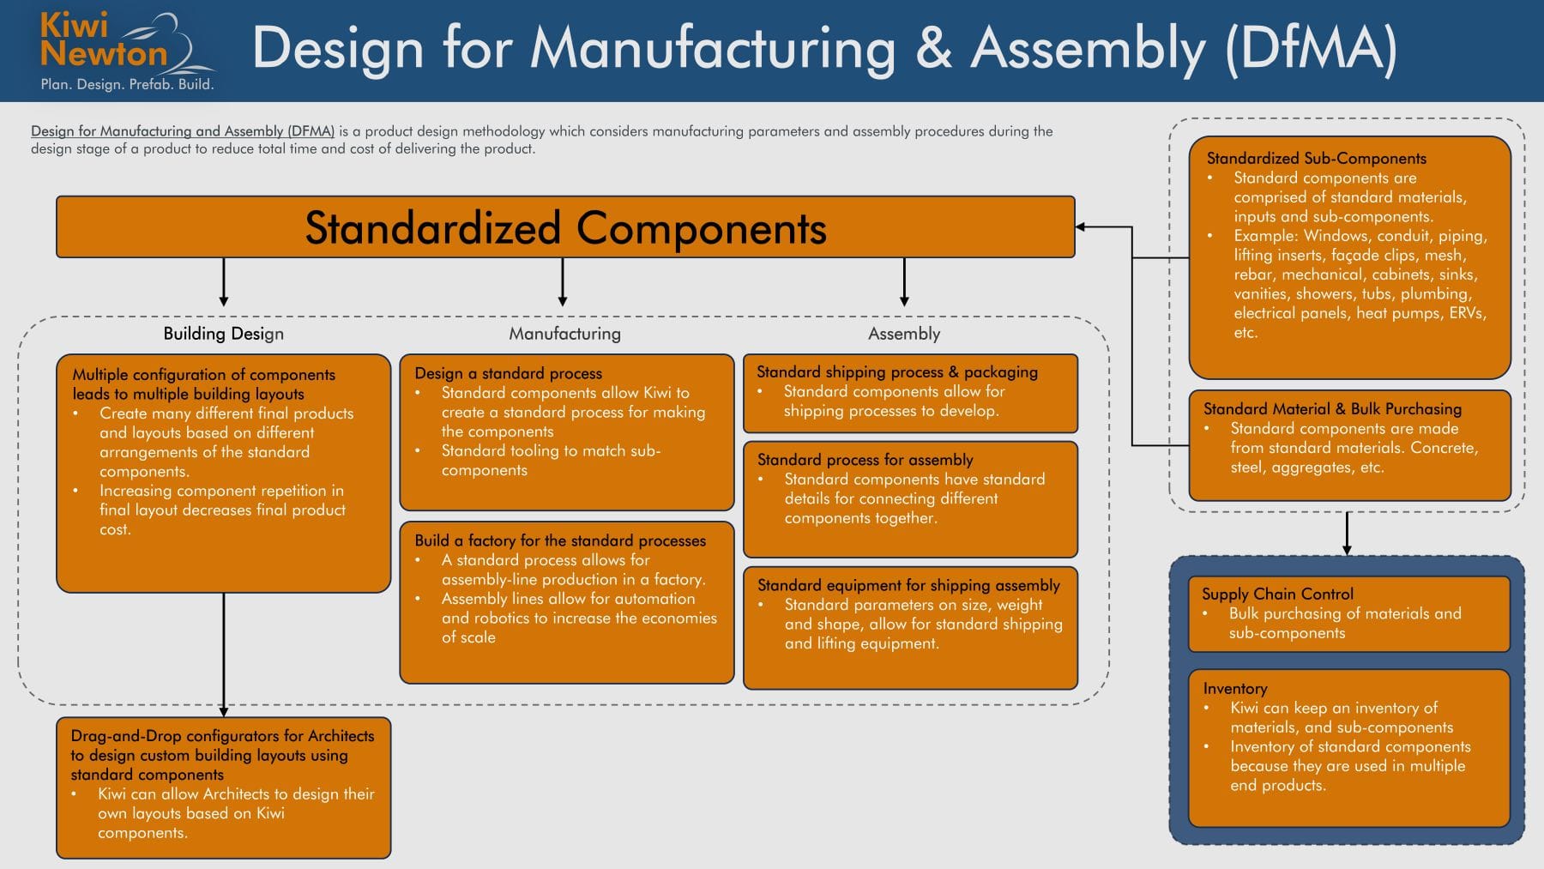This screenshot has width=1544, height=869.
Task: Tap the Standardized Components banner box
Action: (565, 227)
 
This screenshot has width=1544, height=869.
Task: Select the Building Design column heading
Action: (223, 334)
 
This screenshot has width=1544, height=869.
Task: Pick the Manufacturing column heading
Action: (564, 334)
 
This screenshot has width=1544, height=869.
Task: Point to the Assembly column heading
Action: (904, 334)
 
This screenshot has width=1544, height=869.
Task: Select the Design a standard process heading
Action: (508, 373)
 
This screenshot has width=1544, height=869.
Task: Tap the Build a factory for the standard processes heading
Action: (560, 540)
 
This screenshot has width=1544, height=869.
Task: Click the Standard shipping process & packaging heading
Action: (897, 371)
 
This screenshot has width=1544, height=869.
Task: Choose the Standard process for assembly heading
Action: (865, 460)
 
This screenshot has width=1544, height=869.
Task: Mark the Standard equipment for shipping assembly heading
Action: (908, 585)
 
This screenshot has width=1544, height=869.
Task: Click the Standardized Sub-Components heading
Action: (1316, 159)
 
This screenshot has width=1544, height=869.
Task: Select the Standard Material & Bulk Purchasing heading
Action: (1332, 409)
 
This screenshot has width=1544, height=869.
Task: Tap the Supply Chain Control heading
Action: (1277, 594)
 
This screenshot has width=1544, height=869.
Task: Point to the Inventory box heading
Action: (1235, 688)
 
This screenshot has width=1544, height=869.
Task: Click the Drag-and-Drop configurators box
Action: (223, 787)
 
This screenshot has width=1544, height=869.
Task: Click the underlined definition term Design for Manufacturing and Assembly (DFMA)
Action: (183, 131)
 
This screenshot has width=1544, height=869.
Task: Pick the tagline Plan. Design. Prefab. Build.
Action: (127, 85)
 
